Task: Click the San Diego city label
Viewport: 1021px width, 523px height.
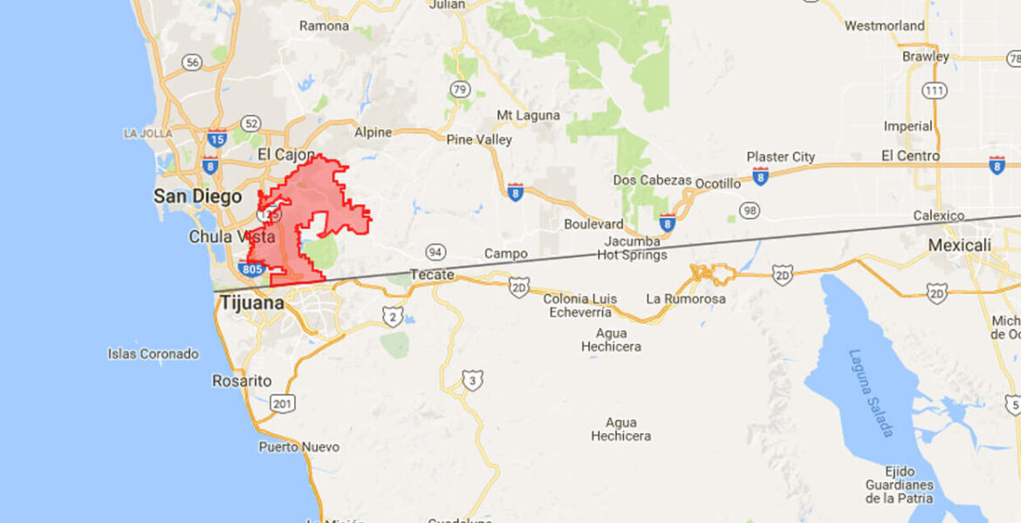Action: (x=198, y=196)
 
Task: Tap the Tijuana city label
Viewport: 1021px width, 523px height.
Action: (x=251, y=303)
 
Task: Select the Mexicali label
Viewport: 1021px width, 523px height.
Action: (x=959, y=246)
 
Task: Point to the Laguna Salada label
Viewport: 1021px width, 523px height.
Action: (x=868, y=392)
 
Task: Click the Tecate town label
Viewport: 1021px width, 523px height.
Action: (x=432, y=275)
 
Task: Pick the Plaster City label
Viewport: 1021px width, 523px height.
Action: (x=780, y=157)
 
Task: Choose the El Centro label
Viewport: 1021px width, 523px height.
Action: (x=910, y=156)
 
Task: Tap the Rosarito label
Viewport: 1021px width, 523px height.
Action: (x=242, y=381)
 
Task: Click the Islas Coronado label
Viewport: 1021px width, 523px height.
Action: (x=153, y=354)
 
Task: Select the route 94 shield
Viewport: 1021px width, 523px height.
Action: (x=435, y=253)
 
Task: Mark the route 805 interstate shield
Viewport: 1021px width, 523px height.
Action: (x=251, y=268)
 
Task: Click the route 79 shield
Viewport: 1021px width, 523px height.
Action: (x=460, y=89)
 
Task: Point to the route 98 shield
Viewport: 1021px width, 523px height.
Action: (x=749, y=210)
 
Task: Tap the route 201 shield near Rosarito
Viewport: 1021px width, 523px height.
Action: (x=282, y=404)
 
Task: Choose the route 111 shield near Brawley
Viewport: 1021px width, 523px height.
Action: (x=935, y=91)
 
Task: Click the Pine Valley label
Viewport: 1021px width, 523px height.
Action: (x=479, y=139)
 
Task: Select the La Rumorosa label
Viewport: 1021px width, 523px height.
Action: (x=685, y=298)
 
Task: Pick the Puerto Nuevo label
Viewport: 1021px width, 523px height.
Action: (x=298, y=447)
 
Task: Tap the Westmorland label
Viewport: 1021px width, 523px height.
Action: (x=884, y=26)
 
